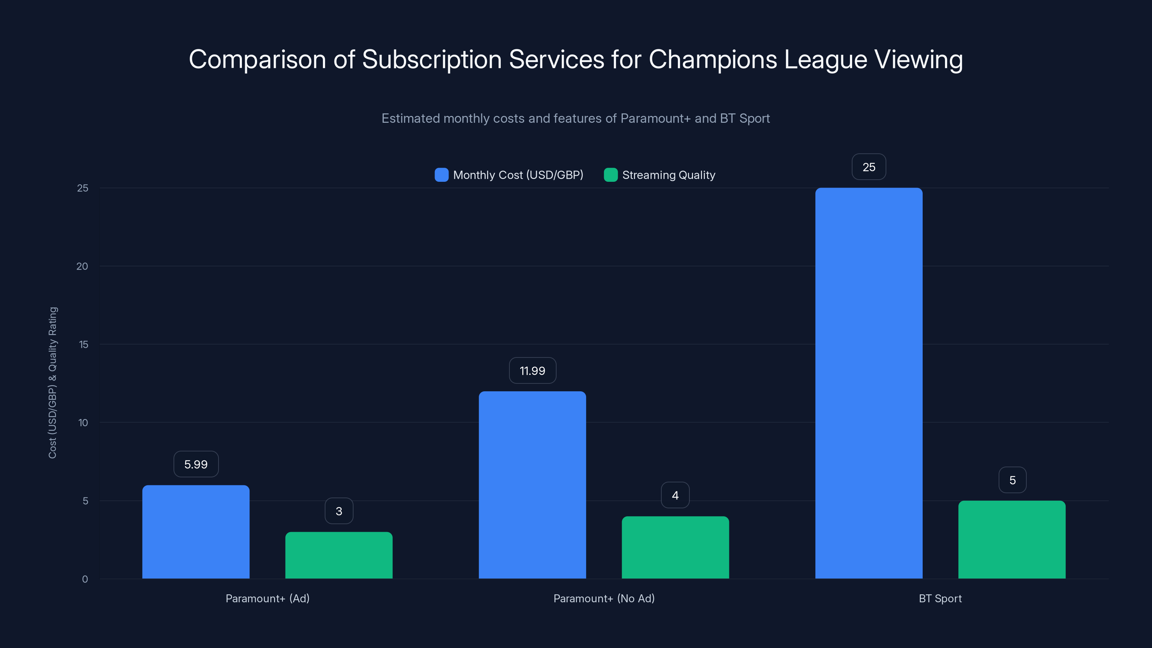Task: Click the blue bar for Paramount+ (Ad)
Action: tap(196, 532)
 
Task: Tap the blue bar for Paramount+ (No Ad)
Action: tap(532, 485)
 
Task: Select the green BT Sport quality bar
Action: tap(1012, 539)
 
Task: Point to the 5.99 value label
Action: tap(196, 464)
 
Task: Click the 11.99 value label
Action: tap(532, 371)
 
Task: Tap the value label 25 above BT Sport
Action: tap(868, 167)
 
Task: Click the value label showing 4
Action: tap(675, 495)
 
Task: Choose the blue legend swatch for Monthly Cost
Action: tap(441, 175)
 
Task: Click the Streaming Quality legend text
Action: tap(668, 175)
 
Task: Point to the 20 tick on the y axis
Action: tap(82, 266)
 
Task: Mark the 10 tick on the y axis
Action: tap(83, 423)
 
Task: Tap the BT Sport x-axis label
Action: tap(940, 598)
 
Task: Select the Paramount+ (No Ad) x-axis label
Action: tap(604, 598)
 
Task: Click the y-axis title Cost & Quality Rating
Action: tap(53, 383)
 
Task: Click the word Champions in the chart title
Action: tap(713, 59)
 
